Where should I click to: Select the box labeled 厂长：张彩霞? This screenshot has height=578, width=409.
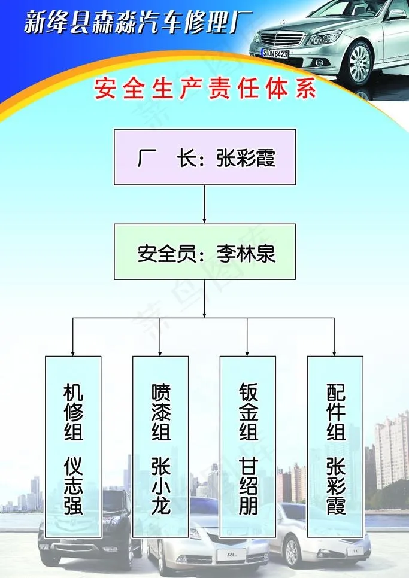[205, 157]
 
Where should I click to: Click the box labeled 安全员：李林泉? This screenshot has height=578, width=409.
[205, 252]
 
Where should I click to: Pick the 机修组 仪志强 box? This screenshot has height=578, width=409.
[73, 446]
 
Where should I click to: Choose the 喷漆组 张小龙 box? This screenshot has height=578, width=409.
[160, 446]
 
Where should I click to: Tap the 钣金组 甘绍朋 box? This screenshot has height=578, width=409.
[248, 446]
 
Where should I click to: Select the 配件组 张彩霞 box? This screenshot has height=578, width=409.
[335, 446]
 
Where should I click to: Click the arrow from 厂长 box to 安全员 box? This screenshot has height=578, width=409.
[205, 203]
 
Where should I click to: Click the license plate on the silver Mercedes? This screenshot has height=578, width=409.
[275, 54]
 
